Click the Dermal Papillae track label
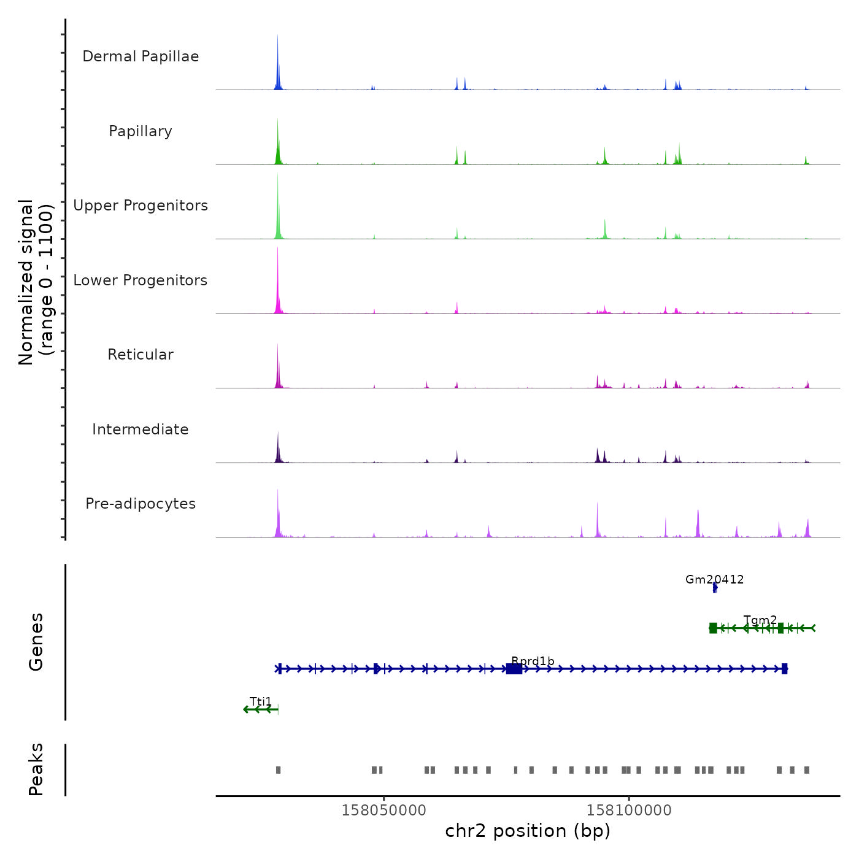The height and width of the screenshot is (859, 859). point(141,56)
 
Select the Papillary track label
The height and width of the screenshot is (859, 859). point(141,131)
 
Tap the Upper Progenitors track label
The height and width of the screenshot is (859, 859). point(141,206)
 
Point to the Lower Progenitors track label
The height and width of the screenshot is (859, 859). point(141,280)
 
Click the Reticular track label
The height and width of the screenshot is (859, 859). point(141,355)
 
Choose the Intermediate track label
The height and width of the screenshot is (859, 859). point(141,429)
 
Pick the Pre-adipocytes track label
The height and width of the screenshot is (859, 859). point(141,504)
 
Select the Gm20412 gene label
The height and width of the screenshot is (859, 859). point(714,579)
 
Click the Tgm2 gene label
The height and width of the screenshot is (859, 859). point(760,620)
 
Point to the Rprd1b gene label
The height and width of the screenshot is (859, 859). point(533,661)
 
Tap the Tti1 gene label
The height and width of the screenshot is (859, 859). point(261,701)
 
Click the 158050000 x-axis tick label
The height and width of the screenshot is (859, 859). point(383,810)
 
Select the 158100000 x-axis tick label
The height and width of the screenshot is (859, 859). point(629,810)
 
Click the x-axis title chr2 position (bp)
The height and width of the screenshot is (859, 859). point(528,831)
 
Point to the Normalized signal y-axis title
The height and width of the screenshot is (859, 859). point(36,282)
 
